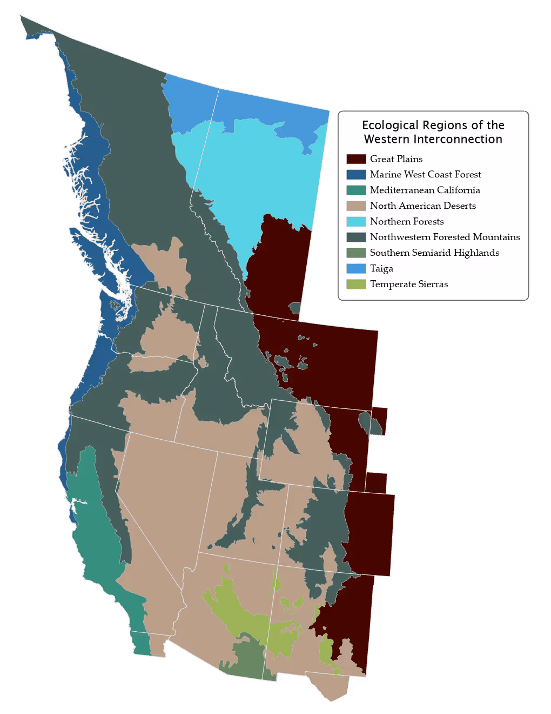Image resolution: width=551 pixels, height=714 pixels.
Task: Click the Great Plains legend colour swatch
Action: (x=356, y=159)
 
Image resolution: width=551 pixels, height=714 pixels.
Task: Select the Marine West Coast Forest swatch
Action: (x=356, y=175)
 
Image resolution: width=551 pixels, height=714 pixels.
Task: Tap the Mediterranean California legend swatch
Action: (x=356, y=190)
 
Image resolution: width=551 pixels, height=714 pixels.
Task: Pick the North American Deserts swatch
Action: (x=356, y=206)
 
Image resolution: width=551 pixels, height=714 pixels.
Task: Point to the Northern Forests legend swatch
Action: (x=356, y=222)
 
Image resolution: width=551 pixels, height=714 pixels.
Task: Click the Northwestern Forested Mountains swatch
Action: (x=356, y=237)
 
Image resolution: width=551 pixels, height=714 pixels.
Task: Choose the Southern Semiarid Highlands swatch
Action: (x=356, y=253)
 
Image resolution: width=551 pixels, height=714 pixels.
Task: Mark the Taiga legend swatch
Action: (x=356, y=269)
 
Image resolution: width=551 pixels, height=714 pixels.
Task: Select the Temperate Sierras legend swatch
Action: (x=356, y=285)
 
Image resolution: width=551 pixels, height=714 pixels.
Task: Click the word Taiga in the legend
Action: (x=381, y=269)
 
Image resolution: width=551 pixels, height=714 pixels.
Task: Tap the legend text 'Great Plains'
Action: (x=396, y=159)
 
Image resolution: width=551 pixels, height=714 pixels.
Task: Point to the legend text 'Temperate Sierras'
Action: (x=409, y=285)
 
